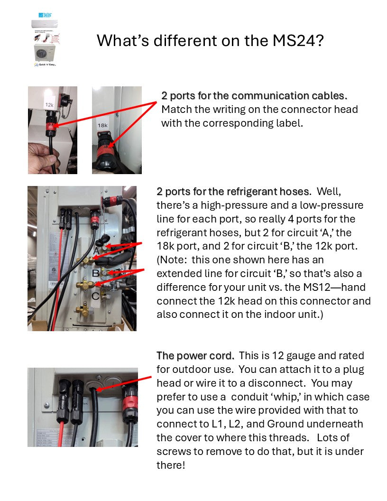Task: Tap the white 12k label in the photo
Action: click(49, 104)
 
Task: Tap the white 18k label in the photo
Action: click(102, 126)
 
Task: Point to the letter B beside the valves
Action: click(95, 273)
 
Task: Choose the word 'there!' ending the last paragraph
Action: click(171, 465)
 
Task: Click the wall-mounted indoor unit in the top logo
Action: click(45, 23)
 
